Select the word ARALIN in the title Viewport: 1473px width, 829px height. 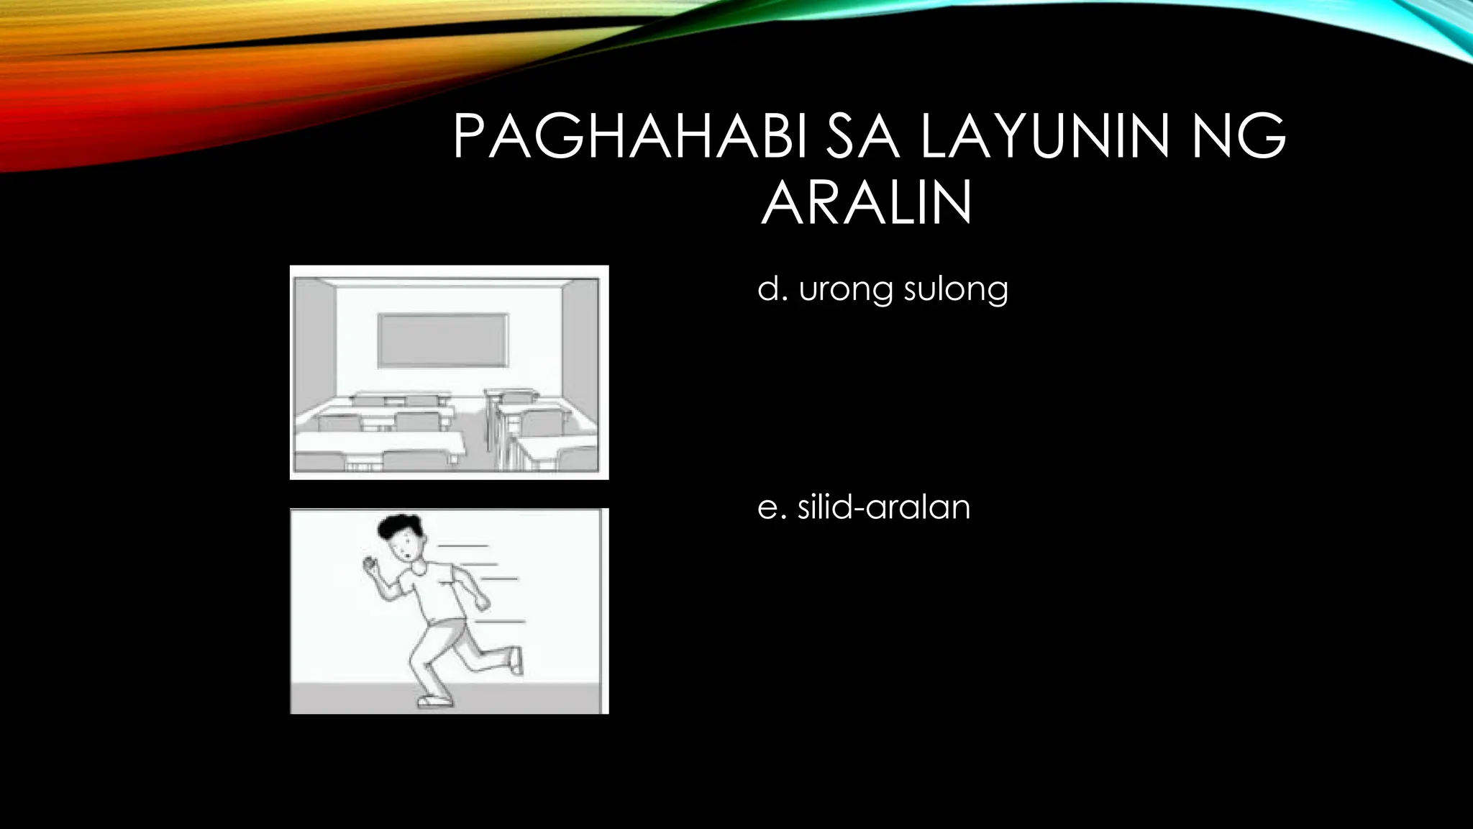(867, 203)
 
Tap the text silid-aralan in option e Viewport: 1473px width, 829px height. (884, 507)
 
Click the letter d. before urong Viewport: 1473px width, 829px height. (772, 289)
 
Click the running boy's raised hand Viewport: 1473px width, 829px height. (371, 565)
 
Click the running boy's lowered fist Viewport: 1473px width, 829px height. (481, 602)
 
